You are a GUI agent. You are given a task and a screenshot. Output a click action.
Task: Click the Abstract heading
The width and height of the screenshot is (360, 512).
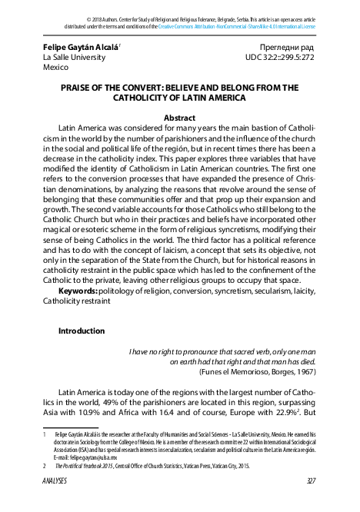point(179,118)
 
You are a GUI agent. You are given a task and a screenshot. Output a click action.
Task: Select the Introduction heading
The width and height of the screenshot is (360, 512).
point(82,331)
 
